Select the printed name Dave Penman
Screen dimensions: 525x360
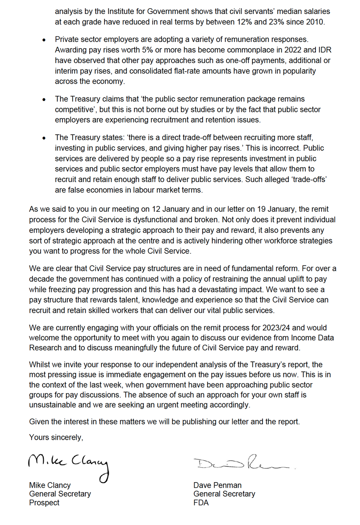[x=217, y=485]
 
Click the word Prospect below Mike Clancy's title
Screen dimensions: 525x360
[x=44, y=503]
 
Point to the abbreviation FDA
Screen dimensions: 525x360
[x=201, y=503]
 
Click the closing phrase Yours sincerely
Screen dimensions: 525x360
[x=56, y=437]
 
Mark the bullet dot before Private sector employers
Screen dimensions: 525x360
[x=44, y=39]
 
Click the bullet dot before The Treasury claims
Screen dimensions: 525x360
[x=44, y=99]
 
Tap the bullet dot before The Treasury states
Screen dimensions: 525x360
[x=44, y=138]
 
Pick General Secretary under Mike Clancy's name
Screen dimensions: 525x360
[x=60, y=494]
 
